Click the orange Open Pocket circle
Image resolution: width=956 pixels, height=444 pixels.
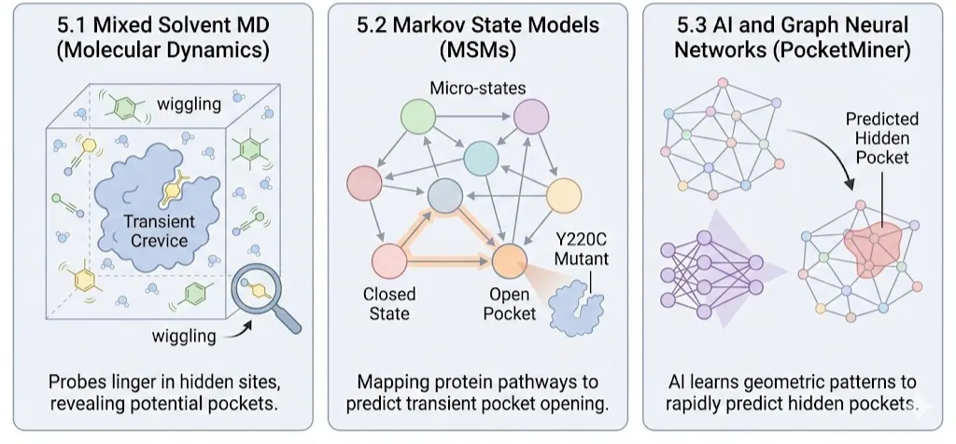[509, 261]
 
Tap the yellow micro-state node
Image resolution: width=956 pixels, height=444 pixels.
[563, 196]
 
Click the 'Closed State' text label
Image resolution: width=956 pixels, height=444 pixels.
[389, 303]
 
